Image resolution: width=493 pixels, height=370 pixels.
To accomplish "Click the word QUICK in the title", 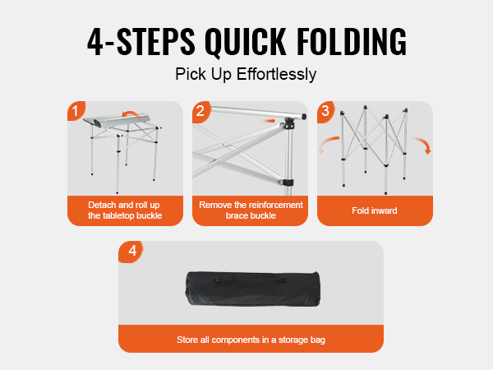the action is coord(246,43).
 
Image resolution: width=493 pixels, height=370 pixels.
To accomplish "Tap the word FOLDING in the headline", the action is coord(352,42).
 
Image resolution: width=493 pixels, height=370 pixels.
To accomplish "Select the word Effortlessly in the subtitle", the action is coord(276,75).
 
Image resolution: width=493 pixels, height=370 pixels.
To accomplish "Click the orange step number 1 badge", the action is coord(76,111).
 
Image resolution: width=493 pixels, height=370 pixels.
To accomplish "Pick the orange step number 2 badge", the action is coord(201,111).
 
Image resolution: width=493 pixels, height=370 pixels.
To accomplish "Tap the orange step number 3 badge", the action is coord(325,111).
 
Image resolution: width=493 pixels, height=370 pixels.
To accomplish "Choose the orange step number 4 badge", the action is coord(131,251).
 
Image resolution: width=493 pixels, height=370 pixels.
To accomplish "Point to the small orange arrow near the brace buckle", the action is coord(270,121).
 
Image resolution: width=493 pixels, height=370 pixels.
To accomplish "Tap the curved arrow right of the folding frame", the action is coord(423,143).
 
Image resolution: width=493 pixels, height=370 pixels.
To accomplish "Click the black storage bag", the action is coord(253,289).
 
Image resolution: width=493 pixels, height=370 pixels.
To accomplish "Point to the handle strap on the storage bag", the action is coord(251,279).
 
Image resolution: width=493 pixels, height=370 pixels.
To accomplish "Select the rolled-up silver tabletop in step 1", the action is coord(117,119).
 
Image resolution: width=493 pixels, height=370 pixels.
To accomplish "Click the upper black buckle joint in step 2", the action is coord(288,123).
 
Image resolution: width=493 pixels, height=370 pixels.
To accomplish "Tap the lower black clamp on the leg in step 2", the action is coord(288,183).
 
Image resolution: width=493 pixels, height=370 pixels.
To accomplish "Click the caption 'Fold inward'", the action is coord(375,210).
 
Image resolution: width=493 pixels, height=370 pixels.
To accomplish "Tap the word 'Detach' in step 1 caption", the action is coord(102,205).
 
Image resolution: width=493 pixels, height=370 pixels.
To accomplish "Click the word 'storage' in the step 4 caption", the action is coord(293,340).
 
